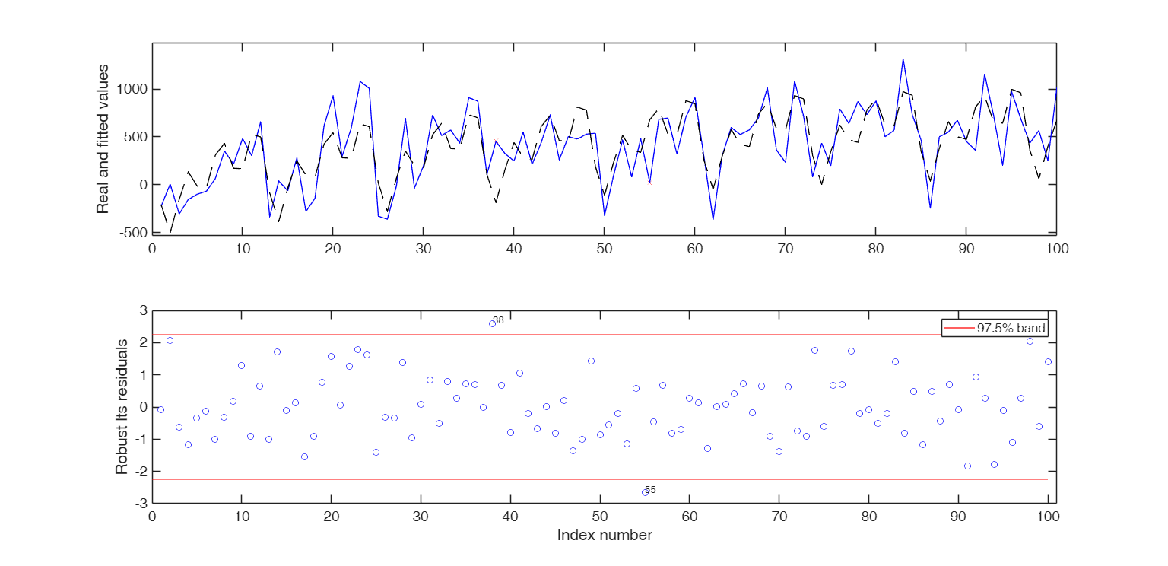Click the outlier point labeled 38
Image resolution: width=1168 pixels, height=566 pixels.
coord(492,323)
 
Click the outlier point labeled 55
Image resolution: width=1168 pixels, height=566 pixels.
coord(645,492)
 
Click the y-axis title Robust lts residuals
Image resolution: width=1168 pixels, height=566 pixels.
coord(122,407)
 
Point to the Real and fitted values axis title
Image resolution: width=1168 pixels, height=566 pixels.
coord(103,138)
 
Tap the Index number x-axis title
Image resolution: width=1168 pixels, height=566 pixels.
coord(605,536)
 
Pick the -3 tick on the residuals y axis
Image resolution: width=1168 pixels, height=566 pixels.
coord(140,504)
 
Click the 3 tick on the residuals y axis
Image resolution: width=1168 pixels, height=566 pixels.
coord(142,310)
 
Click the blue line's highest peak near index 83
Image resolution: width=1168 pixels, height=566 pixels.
coord(903,59)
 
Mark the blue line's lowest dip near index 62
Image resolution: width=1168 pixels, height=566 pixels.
coord(713,219)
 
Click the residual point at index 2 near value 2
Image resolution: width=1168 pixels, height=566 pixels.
coord(170,340)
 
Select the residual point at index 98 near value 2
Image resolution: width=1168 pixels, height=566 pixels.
coord(1030,341)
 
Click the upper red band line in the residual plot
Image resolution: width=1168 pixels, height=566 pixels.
coord(532,335)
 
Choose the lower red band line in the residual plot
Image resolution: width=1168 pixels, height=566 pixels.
coord(532,479)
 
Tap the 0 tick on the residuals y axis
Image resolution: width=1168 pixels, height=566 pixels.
coord(142,407)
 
